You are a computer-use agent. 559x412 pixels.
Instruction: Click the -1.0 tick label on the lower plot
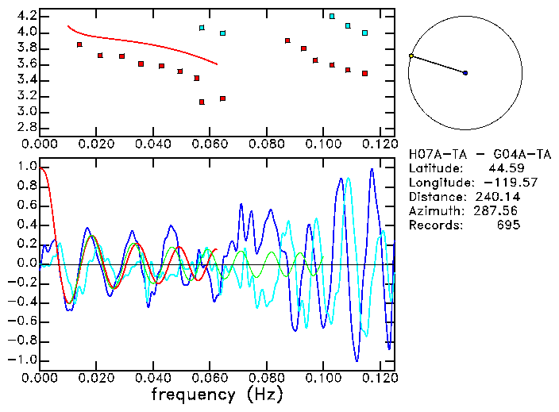tap(22, 360)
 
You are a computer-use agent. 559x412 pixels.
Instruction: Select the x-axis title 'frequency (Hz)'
tap(216, 395)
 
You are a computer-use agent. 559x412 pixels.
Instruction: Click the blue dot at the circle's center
tap(465, 73)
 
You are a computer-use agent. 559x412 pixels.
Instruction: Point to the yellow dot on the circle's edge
tap(411, 56)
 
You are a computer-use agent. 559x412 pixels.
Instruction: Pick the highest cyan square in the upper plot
tap(332, 16)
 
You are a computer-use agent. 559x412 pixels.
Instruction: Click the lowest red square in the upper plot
tap(202, 102)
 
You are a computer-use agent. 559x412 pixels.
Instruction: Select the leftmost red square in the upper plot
tap(79, 44)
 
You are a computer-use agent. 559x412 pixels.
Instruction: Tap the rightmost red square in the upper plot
tap(364, 73)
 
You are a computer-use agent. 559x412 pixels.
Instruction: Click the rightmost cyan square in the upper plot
tap(364, 33)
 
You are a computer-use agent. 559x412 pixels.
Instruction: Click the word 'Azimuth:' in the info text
tap(434, 211)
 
